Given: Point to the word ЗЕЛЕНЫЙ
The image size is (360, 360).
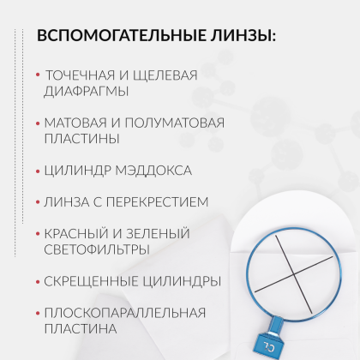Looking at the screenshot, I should click(x=159, y=233).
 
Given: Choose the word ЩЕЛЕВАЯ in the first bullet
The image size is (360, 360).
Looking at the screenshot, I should click(x=164, y=75).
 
